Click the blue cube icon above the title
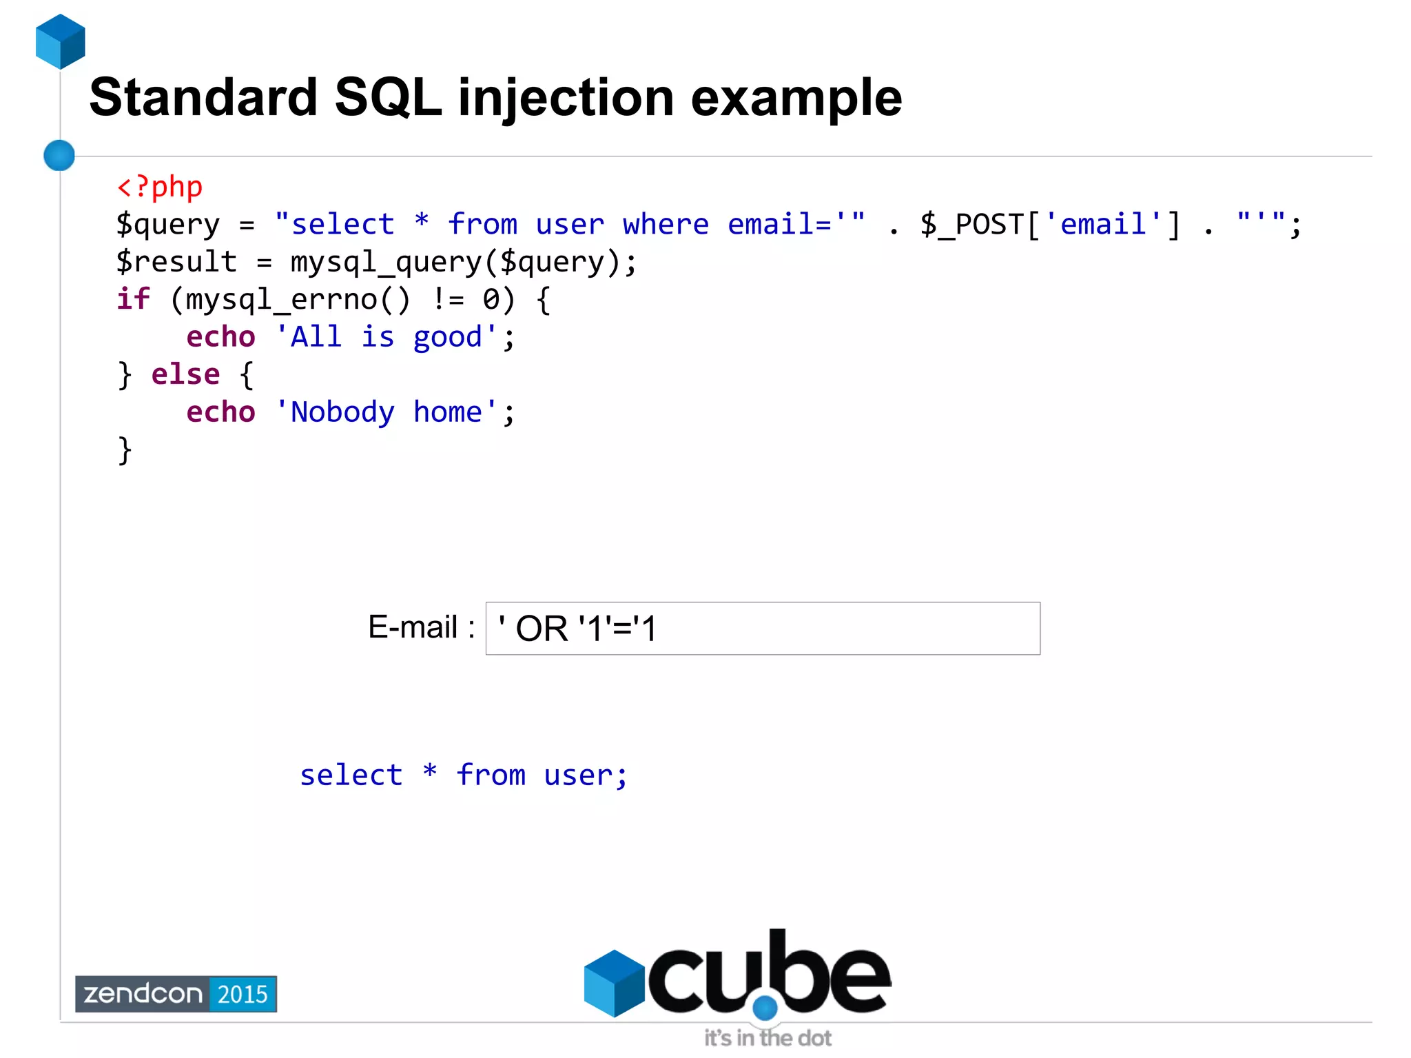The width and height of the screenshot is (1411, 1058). (61, 41)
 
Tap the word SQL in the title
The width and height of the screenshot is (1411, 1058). (387, 98)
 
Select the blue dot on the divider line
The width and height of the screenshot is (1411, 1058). (59, 155)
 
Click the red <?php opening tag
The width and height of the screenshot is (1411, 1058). (160, 187)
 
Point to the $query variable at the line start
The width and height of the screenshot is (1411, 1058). (168, 225)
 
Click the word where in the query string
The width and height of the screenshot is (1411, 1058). (666, 225)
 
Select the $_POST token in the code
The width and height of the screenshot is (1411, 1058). (971, 225)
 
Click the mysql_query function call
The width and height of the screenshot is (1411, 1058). (386, 263)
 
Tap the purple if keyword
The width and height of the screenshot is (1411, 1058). (133, 299)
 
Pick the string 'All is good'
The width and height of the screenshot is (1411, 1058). (386, 337)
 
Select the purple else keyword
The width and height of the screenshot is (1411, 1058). (185, 374)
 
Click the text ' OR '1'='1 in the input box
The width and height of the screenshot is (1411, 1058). (577, 629)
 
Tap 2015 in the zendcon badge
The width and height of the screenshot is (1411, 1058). (243, 994)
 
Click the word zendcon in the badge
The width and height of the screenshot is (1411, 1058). (143, 994)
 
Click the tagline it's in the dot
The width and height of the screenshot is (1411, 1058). (768, 1038)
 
